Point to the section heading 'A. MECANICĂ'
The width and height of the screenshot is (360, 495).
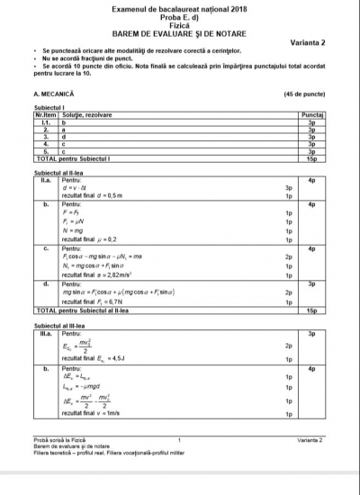(53, 93)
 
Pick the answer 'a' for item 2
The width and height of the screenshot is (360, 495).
(63, 130)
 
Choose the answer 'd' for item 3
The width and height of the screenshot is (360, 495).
(63, 137)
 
